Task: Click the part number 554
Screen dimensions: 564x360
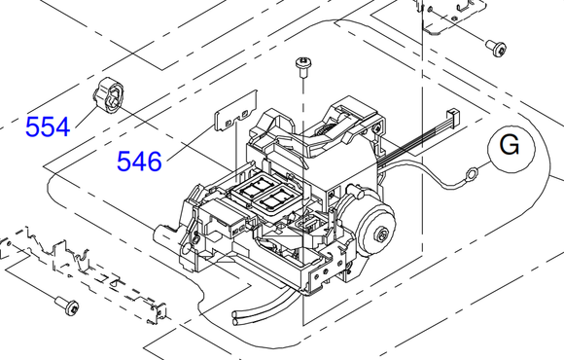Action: click(48, 127)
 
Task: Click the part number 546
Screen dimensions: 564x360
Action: click(140, 161)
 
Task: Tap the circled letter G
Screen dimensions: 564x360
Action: click(511, 147)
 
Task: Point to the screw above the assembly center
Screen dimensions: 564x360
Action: click(303, 66)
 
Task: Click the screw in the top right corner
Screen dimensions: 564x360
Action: click(497, 47)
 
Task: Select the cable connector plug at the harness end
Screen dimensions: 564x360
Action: click(452, 118)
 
